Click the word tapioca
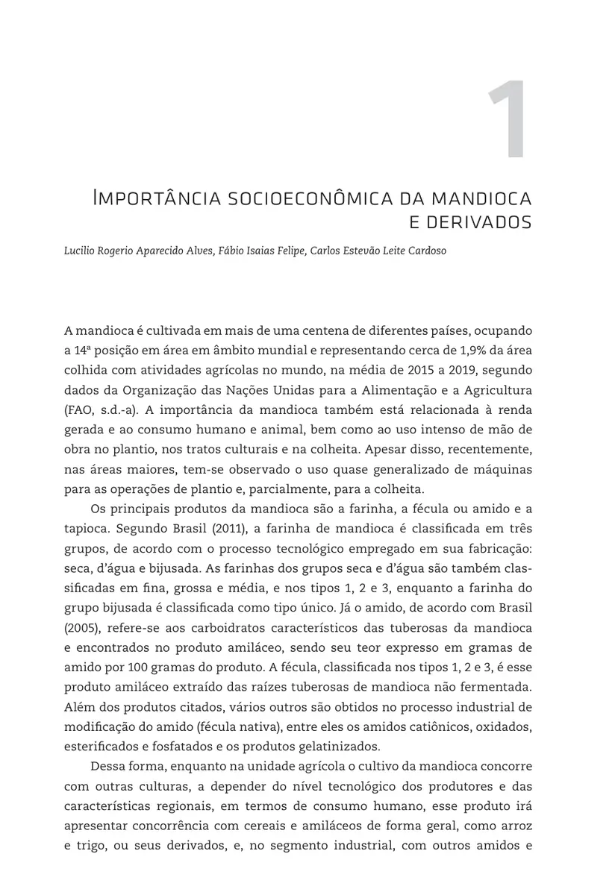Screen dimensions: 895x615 87,528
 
